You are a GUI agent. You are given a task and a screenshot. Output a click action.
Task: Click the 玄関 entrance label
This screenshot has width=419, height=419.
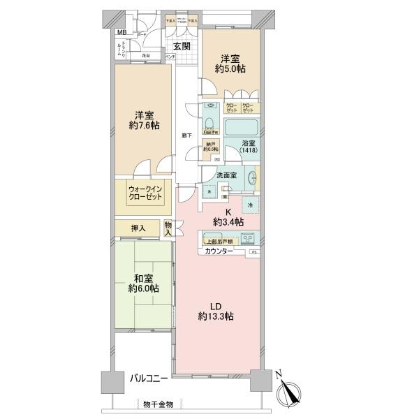[182, 47]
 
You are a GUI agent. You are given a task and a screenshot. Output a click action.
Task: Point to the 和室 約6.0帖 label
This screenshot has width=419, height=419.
[143, 281]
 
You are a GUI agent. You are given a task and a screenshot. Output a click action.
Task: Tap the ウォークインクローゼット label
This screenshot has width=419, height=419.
[145, 192]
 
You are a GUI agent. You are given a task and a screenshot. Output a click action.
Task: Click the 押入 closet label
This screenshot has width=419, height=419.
[138, 228]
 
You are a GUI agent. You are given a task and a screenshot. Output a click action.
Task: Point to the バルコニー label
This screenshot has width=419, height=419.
[149, 378]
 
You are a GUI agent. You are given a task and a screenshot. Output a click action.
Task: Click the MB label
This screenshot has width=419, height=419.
[122, 33]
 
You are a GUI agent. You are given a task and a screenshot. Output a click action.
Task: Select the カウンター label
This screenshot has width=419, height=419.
[219, 250]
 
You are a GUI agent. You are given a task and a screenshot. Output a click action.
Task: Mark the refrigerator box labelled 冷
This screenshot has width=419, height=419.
[251, 205]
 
